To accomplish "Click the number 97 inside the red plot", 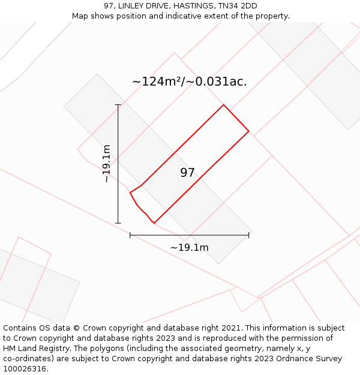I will coord(187,173).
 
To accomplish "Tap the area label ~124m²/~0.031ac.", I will coord(189,82).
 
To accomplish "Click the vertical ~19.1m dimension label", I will coord(107,163).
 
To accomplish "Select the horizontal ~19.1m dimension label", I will coord(189,247).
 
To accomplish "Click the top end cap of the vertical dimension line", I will coord(118,105).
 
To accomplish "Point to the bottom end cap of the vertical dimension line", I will coord(118,223).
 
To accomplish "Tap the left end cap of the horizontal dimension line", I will coord(130,235).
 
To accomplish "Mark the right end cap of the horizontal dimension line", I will coord(248,235).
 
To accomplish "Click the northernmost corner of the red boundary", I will coord(224,105).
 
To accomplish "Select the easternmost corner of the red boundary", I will coord(248,131).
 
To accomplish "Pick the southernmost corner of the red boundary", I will coord(154,223).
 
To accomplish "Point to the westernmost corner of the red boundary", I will coord(130,193).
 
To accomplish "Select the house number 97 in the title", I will coord(109,6).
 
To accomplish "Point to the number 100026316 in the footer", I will coord(24,369).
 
